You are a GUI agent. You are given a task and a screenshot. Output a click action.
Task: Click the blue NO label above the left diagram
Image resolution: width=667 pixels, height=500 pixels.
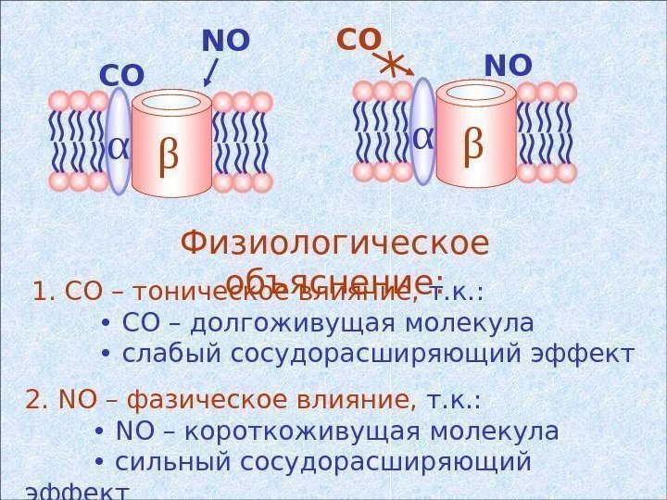pyautogui.click(x=226, y=42)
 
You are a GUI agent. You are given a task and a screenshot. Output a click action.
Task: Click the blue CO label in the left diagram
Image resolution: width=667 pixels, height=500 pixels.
pyautogui.click(x=122, y=77)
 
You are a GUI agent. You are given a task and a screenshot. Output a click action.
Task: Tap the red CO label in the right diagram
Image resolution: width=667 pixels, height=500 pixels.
pyautogui.click(x=359, y=41)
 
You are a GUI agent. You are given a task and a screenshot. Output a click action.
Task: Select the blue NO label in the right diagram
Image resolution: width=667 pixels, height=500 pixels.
pyautogui.click(x=509, y=67)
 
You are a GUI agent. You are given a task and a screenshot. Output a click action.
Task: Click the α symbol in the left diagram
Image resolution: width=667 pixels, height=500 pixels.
pyautogui.click(x=119, y=147)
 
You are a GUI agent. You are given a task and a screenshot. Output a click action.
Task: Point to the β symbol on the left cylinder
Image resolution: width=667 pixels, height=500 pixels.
pyautogui.click(x=168, y=155)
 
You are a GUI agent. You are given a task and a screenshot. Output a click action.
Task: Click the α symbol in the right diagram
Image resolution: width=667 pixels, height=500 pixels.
pyautogui.click(x=422, y=139)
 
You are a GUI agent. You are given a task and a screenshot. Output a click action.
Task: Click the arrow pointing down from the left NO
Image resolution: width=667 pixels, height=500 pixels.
pyautogui.click(x=210, y=72)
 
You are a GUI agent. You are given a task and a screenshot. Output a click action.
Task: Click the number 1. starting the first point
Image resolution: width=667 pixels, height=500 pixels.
pyautogui.click(x=44, y=294)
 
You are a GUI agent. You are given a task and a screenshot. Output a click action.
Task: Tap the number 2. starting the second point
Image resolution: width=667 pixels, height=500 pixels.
pyautogui.click(x=38, y=401)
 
